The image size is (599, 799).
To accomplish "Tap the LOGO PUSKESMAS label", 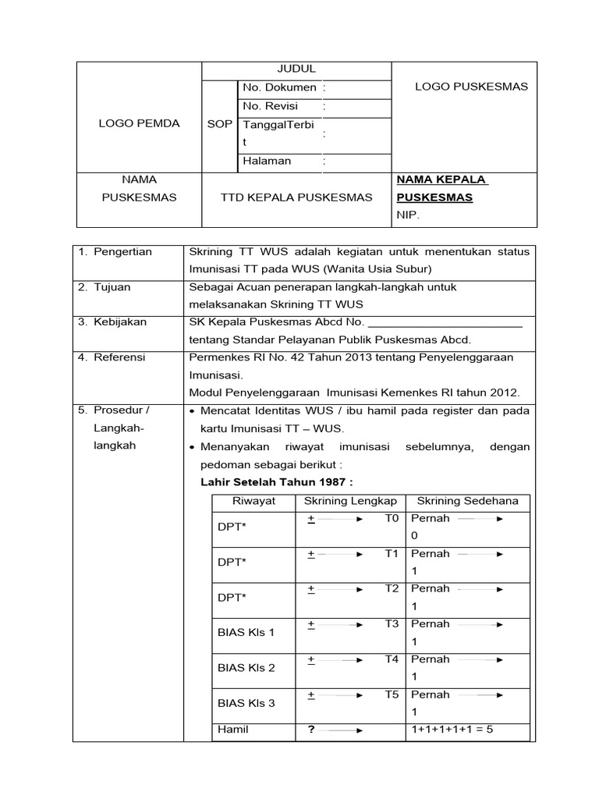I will (x=471, y=87).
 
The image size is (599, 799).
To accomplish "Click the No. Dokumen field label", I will (x=279, y=87).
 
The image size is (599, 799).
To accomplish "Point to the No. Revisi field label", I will (x=270, y=106).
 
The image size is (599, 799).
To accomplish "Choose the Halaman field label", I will (x=267, y=161).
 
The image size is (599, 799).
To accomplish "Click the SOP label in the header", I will (x=219, y=124).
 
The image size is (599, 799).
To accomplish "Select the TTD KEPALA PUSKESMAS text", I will (x=296, y=197).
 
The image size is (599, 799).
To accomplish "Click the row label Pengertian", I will (x=122, y=251).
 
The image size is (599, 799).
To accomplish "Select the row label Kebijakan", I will (x=119, y=321).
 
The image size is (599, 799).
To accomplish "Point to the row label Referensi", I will (x=119, y=357).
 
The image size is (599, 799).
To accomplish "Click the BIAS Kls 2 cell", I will (x=246, y=668).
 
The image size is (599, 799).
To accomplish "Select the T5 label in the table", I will (x=392, y=694).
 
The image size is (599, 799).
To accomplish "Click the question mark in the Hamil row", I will (x=310, y=730).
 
